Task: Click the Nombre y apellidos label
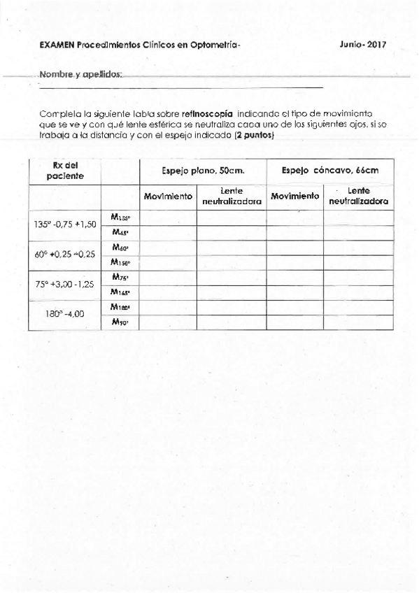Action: [x=81, y=74]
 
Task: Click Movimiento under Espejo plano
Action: [x=168, y=197]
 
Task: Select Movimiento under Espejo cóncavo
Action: [x=294, y=197]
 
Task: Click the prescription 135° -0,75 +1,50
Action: [x=65, y=224]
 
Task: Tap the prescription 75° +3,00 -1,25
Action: [x=65, y=285]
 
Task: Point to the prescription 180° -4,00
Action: [x=64, y=314]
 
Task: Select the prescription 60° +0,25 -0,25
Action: [x=65, y=255]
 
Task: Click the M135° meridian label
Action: [x=120, y=217]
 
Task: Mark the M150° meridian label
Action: [x=120, y=262]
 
